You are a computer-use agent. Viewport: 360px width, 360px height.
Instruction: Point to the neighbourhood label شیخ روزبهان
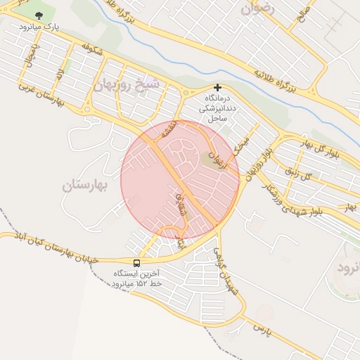(127, 84)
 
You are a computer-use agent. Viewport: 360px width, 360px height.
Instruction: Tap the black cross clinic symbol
(217, 88)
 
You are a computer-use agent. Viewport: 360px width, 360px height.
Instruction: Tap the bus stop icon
(136, 263)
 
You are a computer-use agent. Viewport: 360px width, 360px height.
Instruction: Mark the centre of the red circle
(181, 180)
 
